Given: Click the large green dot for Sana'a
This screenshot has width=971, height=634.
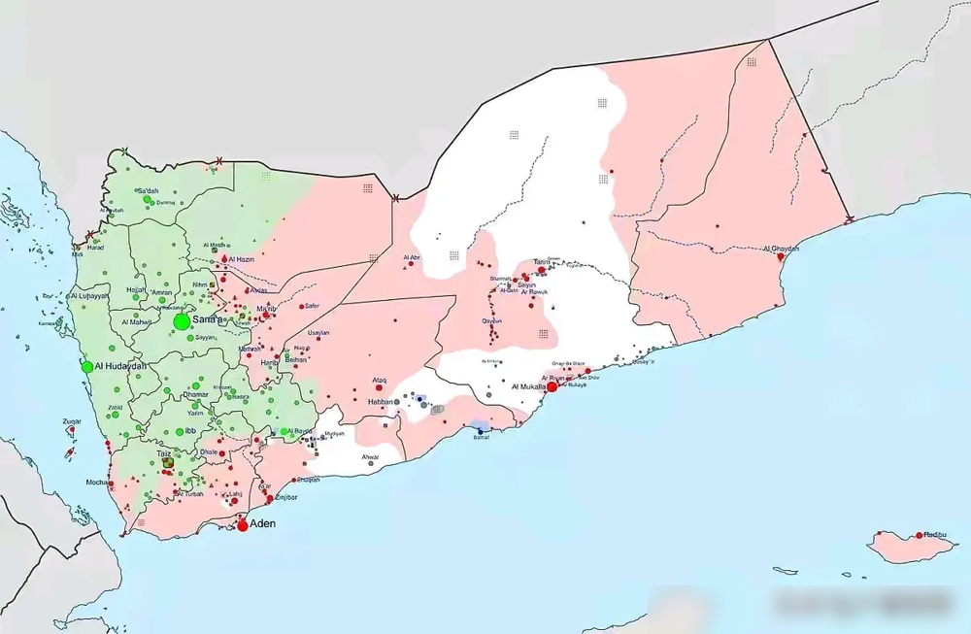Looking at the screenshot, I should tap(182, 321).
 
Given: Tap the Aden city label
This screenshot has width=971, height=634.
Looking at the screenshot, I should tap(263, 523).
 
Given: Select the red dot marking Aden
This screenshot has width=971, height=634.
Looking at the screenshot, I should tap(243, 525).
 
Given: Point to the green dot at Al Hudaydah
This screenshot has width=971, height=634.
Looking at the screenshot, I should tap(87, 367).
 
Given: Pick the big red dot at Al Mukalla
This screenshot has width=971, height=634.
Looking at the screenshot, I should tap(552, 386).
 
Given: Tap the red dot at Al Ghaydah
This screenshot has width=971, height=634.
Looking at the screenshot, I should tap(781, 257).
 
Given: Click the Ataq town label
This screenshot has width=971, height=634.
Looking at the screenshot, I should tap(380, 380).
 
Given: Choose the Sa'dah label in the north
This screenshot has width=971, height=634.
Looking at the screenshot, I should tap(148, 190).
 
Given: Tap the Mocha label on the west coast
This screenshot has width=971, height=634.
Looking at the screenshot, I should tap(96, 482).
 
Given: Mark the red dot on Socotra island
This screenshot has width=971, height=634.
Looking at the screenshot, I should tap(919, 535).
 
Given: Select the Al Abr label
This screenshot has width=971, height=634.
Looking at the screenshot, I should tap(412, 257).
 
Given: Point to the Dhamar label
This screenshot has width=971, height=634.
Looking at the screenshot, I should tap(195, 394).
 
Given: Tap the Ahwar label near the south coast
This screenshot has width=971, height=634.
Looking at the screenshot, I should tap(370, 455).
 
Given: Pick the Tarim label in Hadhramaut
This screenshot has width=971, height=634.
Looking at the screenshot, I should tap(541, 262).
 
